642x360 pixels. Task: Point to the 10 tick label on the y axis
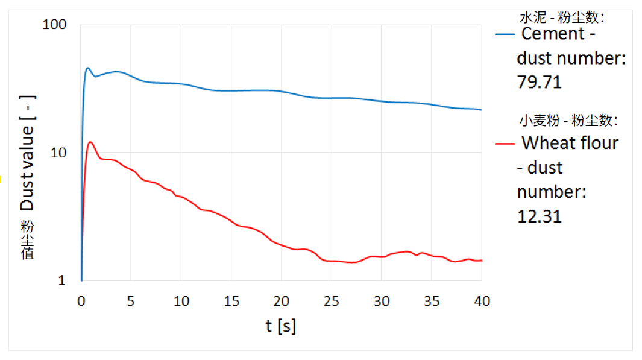(58, 153)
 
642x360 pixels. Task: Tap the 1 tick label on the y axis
(63, 280)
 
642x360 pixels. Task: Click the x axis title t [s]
(281, 326)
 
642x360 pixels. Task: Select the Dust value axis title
(28, 153)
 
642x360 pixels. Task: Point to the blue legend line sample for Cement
(505, 34)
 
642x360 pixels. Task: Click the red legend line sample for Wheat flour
(505, 144)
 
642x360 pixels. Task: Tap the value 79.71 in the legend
(539, 83)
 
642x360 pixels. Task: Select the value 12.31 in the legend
(539, 216)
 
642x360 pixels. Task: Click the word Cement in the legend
(553, 34)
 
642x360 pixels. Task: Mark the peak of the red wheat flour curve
(90, 142)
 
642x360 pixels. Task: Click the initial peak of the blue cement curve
(87, 68)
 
